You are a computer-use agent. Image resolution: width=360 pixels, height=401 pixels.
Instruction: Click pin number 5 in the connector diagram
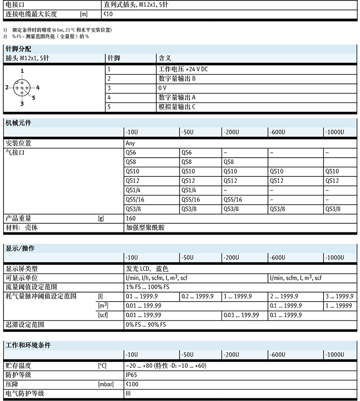(x=34, y=97)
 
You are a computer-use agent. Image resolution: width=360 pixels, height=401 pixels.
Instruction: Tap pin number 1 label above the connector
(x=22, y=71)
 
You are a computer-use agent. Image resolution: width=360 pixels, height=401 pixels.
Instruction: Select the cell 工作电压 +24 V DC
(x=183, y=69)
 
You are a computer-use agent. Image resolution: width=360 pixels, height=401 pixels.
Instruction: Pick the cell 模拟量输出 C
(x=177, y=107)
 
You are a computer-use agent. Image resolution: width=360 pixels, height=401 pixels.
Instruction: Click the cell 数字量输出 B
(x=177, y=78)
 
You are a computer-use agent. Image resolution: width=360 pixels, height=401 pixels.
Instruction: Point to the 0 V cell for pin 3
(x=163, y=88)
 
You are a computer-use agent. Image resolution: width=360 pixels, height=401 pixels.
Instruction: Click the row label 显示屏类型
(x=21, y=268)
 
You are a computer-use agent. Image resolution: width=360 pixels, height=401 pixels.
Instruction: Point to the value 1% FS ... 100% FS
(x=147, y=287)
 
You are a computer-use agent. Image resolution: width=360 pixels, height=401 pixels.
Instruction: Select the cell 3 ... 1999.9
(x=339, y=296)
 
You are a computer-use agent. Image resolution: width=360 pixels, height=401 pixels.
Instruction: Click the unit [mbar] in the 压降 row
(x=106, y=385)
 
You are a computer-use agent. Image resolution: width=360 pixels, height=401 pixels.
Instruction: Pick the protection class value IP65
(x=131, y=375)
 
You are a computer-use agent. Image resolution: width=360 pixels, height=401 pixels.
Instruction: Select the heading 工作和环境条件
(x=28, y=344)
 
